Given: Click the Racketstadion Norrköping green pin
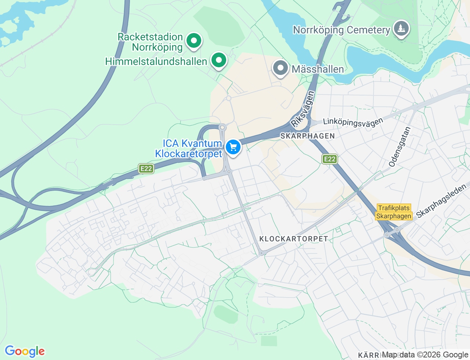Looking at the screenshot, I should [194, 41].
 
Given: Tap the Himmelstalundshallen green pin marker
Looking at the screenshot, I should [219, 60].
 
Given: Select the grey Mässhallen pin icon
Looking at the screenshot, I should [281, 68].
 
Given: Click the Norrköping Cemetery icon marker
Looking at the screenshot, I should [401, 28].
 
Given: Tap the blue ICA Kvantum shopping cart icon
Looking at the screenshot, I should [233, 147].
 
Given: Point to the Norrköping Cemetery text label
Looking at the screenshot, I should [341, 30].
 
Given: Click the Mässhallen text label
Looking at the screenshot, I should [318, 69].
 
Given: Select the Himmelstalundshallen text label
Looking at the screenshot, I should [156, 61].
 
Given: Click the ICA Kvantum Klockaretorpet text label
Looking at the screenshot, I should [189, 148].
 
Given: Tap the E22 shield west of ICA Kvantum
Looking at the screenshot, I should [146, 169].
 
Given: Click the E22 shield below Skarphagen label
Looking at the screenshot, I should [329, 159].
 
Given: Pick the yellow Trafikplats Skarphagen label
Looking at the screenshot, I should [394, 212].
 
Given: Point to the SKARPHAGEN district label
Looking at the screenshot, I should [308, 136].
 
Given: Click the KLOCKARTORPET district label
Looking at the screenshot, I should [293, 239].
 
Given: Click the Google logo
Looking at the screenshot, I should [25, 352].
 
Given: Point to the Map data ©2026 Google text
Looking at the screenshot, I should [425, 354].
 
